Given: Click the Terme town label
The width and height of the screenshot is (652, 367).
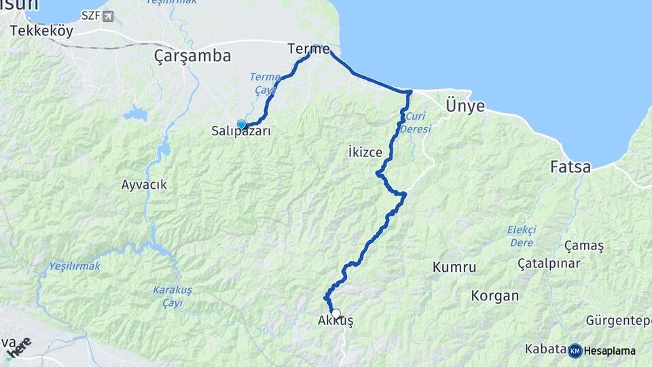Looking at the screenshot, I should [x=308, y=49].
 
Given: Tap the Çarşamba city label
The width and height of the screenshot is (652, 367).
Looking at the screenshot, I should [x=192, y=56].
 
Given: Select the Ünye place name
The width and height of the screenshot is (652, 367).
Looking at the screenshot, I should [x=465, y=106].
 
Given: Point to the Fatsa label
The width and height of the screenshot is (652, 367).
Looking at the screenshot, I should [x=570, y=167].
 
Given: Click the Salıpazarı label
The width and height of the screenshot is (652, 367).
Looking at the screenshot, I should [x=242, y=132].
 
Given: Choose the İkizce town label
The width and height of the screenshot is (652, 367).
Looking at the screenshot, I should [x=364, y=152].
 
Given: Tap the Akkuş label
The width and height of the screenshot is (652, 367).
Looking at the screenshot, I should [x=336, y=321].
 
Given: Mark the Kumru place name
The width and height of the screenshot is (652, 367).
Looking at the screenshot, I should [x=454, y=267].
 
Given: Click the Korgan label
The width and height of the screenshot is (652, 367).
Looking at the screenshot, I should [x=495, y=296].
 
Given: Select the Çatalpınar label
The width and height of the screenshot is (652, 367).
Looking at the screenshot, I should [x=549, y=262].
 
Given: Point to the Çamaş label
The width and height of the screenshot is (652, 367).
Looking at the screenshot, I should [x=584, y=246].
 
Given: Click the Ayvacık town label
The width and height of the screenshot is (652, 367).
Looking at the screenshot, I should [x=143, y=184].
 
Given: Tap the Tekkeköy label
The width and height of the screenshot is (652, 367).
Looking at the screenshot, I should [x=42, y=31].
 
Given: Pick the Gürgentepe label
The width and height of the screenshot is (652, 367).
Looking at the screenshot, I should [x=619, y=319].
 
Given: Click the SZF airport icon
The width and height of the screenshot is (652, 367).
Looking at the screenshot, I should [x=107, y=16].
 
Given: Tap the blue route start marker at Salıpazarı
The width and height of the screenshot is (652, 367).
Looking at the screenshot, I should [x=241, y=124].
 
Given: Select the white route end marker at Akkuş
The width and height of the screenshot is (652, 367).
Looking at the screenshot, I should [x=336, y=313].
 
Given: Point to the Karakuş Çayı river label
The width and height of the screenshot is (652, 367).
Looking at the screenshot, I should [x=173, y=296].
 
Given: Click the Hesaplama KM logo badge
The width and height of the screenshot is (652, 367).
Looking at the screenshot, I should [x=575, y=351].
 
